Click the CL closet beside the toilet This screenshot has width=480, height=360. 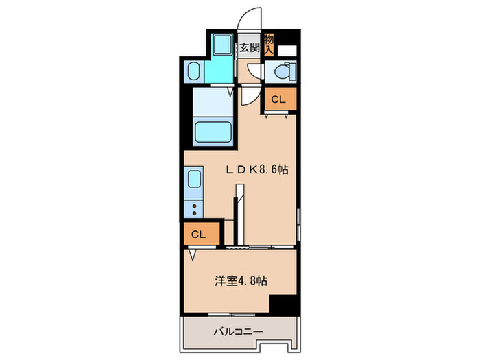278,99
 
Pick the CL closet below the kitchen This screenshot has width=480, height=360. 200,235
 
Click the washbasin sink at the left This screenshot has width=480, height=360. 193,71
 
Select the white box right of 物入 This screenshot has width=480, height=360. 288,49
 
